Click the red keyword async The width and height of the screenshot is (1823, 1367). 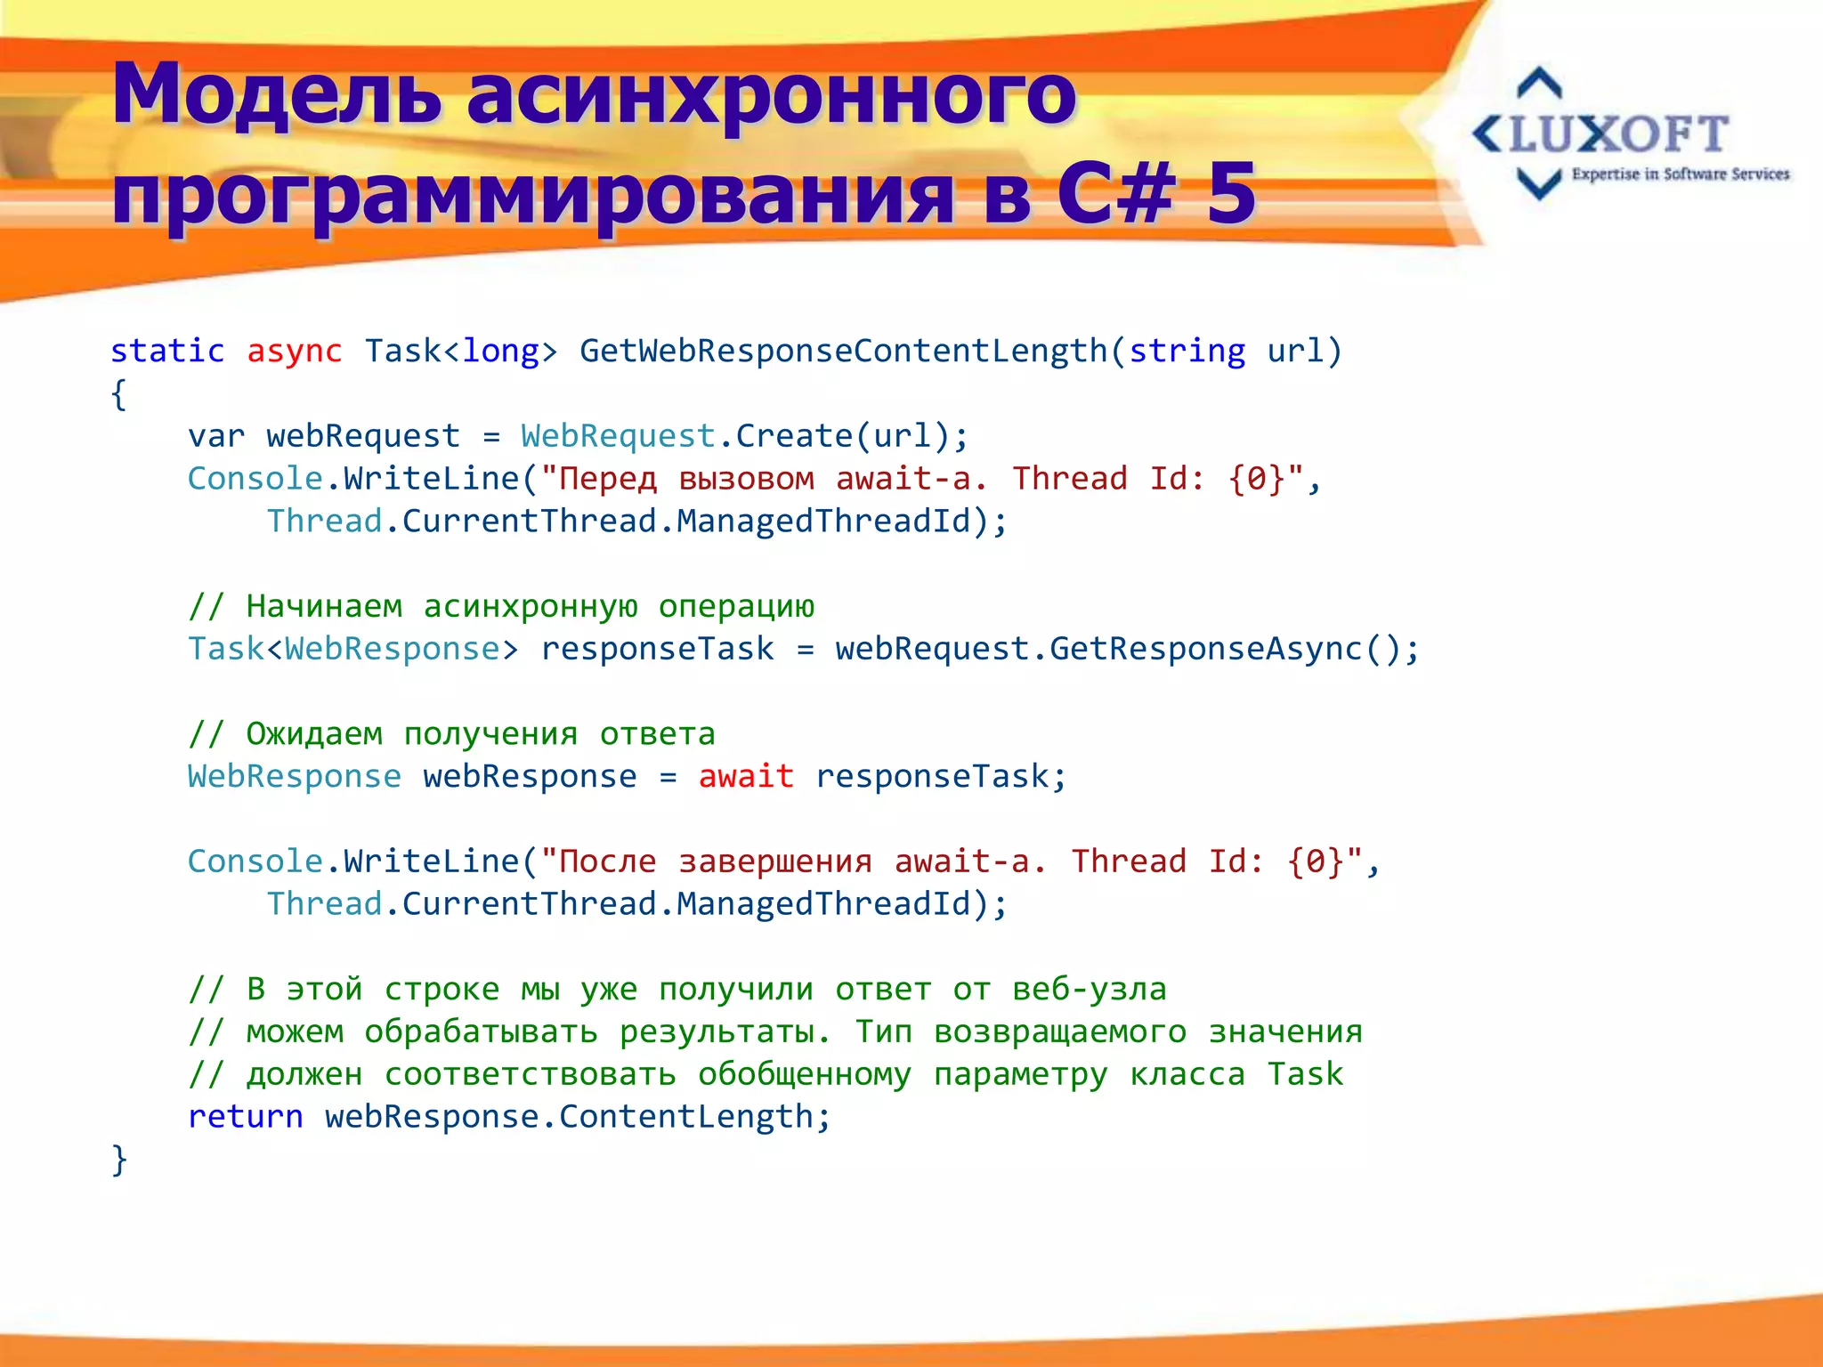(x=294, y=352)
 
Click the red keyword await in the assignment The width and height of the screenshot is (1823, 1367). (x=746, y=776)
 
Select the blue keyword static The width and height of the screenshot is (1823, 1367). (x=167, y=352)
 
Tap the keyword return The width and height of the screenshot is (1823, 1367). (x=245, y=1117)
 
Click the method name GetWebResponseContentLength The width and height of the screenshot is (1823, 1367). (x=843, y=352)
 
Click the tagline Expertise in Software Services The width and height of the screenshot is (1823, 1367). (x=1680, y=174)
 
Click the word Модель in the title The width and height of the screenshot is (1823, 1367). (x=277, y=94)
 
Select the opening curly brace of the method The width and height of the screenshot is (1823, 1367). (x=118, y=394)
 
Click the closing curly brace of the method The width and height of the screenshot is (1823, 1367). (x=118, y=1160)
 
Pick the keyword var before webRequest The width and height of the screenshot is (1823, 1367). (x=216, y=437)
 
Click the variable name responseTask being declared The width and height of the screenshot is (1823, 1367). (x=658, y=649)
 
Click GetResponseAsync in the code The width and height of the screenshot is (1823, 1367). (x=1206, y=649)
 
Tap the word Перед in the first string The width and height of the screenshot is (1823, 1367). (x=607, y=480)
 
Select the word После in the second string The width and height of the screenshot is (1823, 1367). (x=607, y=861)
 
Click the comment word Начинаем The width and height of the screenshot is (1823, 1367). (x=324, y=607)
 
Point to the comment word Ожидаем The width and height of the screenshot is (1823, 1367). (x=314, y=734)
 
